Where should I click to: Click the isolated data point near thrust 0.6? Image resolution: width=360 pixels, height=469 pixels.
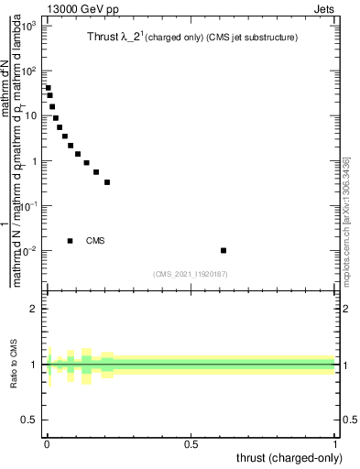224,250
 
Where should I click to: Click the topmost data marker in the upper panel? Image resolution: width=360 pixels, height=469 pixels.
48,88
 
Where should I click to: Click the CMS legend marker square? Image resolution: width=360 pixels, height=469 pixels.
70,241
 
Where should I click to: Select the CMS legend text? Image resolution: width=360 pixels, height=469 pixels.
95,241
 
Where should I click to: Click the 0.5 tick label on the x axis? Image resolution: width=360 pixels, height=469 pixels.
191,444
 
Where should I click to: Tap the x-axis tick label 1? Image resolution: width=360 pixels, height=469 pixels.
336,444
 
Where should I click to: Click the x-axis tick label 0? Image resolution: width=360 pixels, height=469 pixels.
47,444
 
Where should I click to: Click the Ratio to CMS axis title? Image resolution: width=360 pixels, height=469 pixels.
16,365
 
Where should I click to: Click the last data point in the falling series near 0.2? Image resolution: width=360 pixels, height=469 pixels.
107,182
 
